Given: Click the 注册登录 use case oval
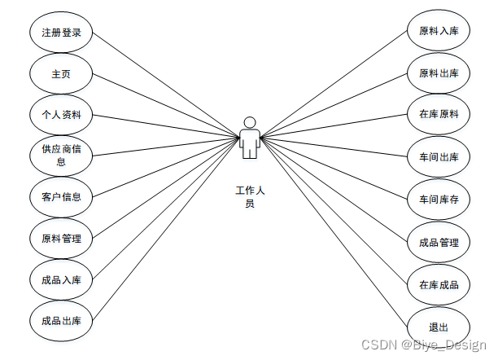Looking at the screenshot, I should (61, 33).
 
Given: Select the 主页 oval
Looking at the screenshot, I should (61, 74).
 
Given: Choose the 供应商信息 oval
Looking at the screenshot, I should (61, 155).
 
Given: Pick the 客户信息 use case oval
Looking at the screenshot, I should (61, 196).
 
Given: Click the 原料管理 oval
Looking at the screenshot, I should (61, 239).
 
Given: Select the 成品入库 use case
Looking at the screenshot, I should (61, 279).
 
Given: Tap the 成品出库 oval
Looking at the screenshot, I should (61, 320).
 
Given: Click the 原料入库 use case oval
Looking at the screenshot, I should (439, 33).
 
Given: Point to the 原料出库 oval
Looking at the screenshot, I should (439, 73).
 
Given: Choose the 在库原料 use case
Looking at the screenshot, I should (439, 115).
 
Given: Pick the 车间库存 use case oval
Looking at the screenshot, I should (439, 200).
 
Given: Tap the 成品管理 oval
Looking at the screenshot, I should (439, 242).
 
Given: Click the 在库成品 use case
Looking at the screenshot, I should (439, 284).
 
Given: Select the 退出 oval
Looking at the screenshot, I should (439, 327).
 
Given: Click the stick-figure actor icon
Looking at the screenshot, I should (250, 139).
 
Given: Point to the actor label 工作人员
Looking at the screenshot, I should (250, 197).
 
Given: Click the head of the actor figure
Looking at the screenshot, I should (250, 122).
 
